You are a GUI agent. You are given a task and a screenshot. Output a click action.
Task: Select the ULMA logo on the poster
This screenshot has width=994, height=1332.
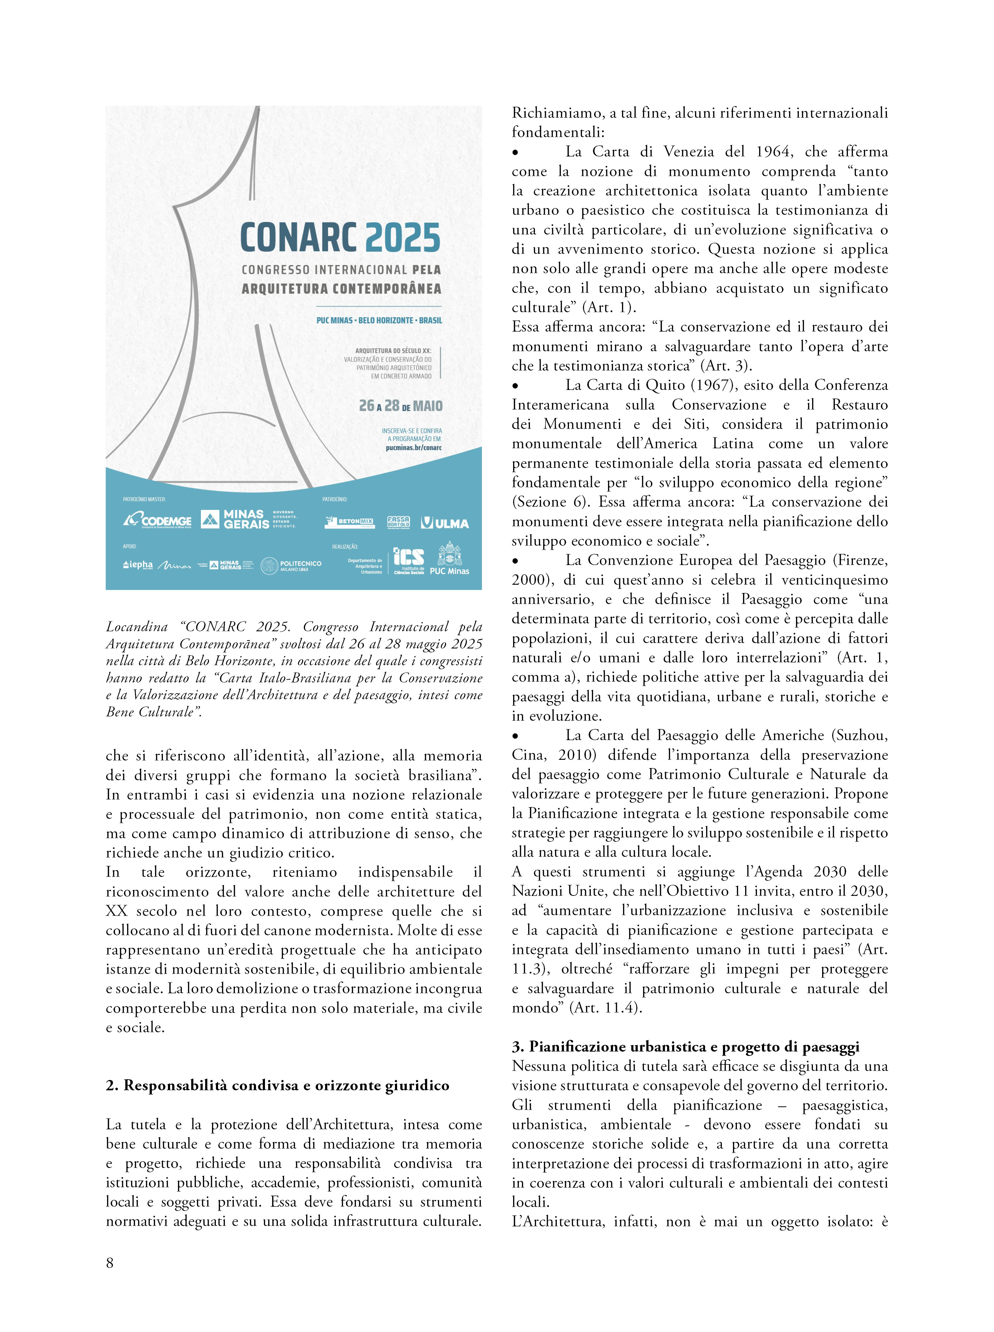tap(445, 523)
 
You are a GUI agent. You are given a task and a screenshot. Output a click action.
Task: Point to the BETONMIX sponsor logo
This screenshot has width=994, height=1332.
tap(349, 522)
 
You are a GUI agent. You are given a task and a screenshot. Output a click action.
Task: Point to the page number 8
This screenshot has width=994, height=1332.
tap(110, 1262)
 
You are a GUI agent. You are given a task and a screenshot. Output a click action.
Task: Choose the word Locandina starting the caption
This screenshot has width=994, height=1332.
tap(136, 627)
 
